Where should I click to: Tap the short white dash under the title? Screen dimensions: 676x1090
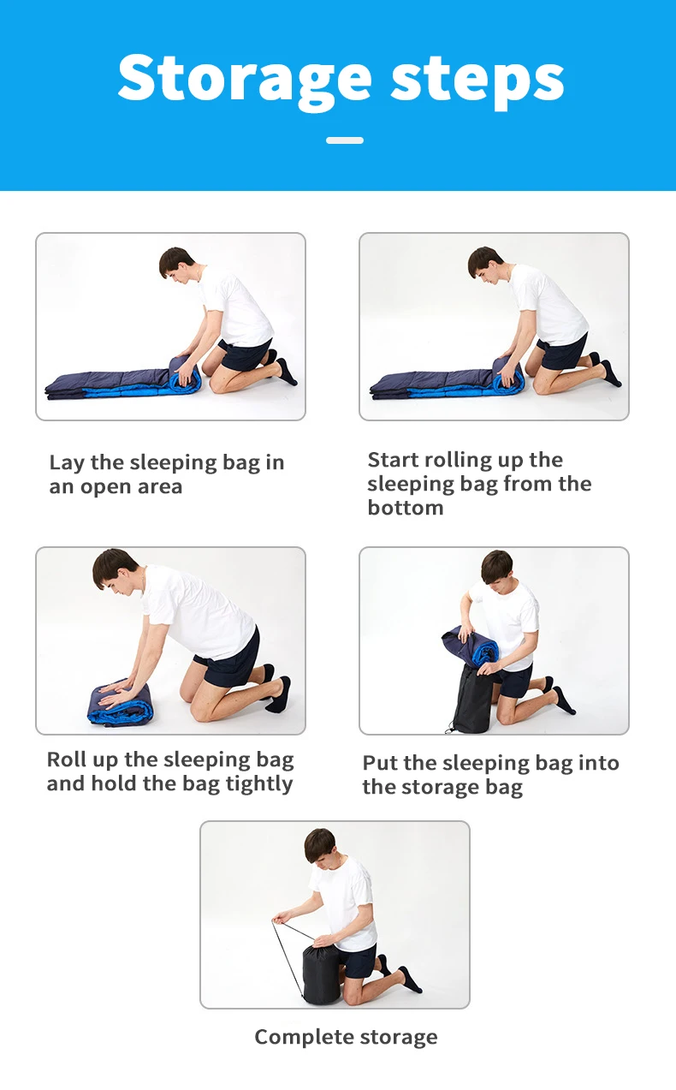click(345, 140)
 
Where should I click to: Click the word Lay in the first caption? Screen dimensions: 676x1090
click(67, 462)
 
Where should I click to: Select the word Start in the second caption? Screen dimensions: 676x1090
click(392, 459)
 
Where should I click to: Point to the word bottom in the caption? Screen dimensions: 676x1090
click(406, 508)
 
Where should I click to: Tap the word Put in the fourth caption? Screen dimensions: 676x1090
click(380, 763)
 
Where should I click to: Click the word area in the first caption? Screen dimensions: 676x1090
click(160, 486)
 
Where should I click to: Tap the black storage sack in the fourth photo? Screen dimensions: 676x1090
click(471, 700)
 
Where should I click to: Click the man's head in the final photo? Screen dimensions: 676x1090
click(320, 846)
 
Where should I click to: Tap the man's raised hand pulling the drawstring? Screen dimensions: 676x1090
click(279, 920)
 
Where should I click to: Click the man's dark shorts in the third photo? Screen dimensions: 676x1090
click(228, 657)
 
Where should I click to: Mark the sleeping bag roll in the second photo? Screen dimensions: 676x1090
click(508, 375)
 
